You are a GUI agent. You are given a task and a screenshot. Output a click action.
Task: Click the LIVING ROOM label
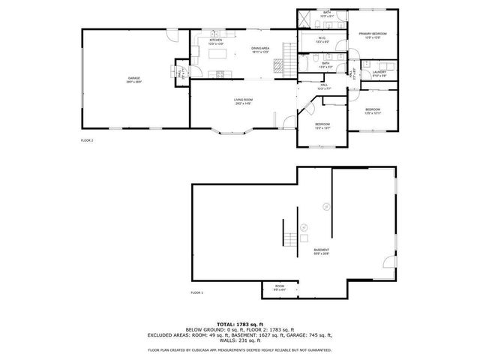tap(243, 100)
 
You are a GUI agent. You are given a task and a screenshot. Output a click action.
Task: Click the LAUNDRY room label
tap(379, 73)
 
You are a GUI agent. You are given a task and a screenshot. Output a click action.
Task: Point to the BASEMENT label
tap(321, 249)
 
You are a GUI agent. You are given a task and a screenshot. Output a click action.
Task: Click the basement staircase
tap(289, 240)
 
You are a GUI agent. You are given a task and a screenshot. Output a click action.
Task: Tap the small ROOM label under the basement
tap(279, 286)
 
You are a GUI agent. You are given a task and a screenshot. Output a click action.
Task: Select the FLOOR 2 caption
tap(87, 140)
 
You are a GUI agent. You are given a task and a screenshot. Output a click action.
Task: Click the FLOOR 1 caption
tap(196, 292)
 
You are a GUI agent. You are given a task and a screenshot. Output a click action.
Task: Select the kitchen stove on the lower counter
tap(220, 73)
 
